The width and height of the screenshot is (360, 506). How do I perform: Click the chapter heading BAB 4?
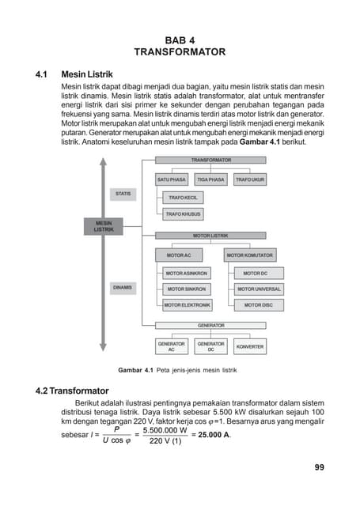coord(180,39)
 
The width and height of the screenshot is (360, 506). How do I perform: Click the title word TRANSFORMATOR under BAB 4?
coord(180,51)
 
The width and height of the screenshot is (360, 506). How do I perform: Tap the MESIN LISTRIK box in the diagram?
coord(104,226)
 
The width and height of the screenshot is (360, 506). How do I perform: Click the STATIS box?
coord(123,193)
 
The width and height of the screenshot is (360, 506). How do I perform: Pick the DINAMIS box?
coord(123,287)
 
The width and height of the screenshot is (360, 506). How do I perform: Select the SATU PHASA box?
coord(171,179)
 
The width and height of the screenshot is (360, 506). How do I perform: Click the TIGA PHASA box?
coord(210,179)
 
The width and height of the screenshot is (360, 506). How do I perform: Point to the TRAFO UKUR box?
coord(250,179)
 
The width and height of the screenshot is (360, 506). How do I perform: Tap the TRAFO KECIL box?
coord(183,197)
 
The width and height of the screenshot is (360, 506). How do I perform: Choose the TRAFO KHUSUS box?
coord(183,214)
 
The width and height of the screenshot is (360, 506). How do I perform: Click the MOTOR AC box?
coord(178,255)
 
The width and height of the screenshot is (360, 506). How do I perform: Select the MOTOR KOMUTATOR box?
coord(250,255)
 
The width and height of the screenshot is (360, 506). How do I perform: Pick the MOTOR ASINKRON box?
coord(186,273)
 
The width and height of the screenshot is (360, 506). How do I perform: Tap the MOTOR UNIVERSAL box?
coord(259,289)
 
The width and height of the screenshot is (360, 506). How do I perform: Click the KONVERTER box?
coord(250,346)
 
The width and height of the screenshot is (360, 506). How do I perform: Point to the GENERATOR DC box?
coord(210,346)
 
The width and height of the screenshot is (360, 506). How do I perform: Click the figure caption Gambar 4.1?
coord(177,370)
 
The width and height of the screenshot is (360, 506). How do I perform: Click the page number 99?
coord(319,467)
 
